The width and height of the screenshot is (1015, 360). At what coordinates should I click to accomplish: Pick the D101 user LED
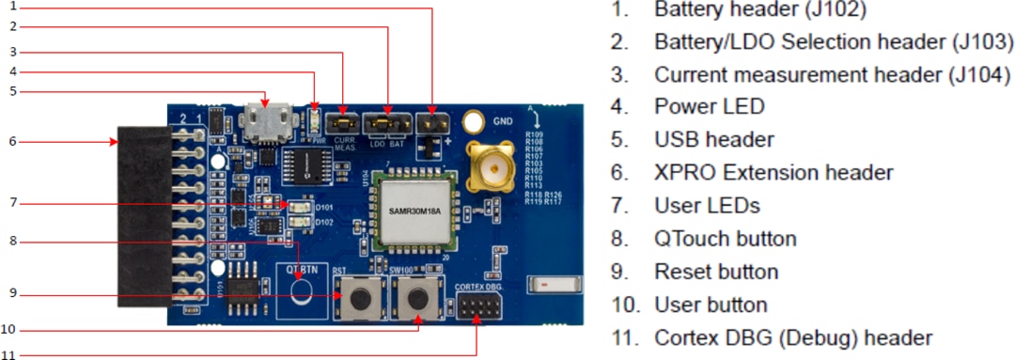pyautogui.click(x=299, y=205)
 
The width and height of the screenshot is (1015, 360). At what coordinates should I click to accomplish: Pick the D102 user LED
pyautogui.click(x=299, y=223)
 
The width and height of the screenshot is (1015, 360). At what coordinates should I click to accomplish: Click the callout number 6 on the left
pyautogui.click(x=12, y=141)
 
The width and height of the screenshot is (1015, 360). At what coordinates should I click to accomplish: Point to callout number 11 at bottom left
pyautogui.click(x=11, y=355)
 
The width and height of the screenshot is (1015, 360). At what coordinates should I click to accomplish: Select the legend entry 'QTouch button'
pyautogui.click(x=725, y=239)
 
